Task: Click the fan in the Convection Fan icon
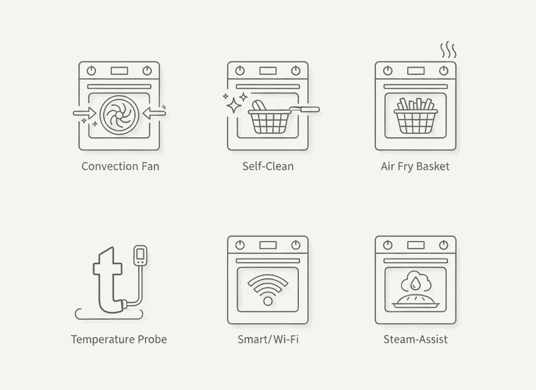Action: pos(119,115)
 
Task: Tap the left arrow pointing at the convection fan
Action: pos(85,113)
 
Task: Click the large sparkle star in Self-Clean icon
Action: pos(234,105)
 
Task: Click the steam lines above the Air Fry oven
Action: pos(448,50)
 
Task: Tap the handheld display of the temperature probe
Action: pos(140,255)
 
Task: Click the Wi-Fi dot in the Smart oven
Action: pos(268,301)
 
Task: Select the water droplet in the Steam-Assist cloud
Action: pos(415,283)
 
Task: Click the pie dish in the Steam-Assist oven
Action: pos(416,301)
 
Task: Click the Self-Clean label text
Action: pos(268,166)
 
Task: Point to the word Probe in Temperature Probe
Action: pos(152,339)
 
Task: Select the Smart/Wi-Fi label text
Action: pos(268,339)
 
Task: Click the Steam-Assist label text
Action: pos(416,339)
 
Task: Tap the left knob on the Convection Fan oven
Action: pos(91,71)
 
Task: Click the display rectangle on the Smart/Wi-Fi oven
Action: pos(268,245)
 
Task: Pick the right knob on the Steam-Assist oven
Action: pos(444,245)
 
